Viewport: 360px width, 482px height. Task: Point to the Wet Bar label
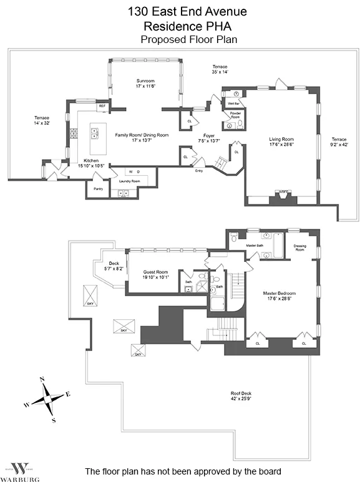(x=233, y=103)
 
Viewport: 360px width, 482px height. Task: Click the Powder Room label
(x=236, y=115)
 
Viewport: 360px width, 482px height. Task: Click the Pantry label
(x=98, y=188)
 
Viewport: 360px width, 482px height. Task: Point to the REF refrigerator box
(x=102, y=107)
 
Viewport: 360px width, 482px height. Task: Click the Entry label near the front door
(x=199, y=170)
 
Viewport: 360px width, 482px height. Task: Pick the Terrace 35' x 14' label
(x=220, y=69)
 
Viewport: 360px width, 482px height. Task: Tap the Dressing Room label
(x=299, y=248)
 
